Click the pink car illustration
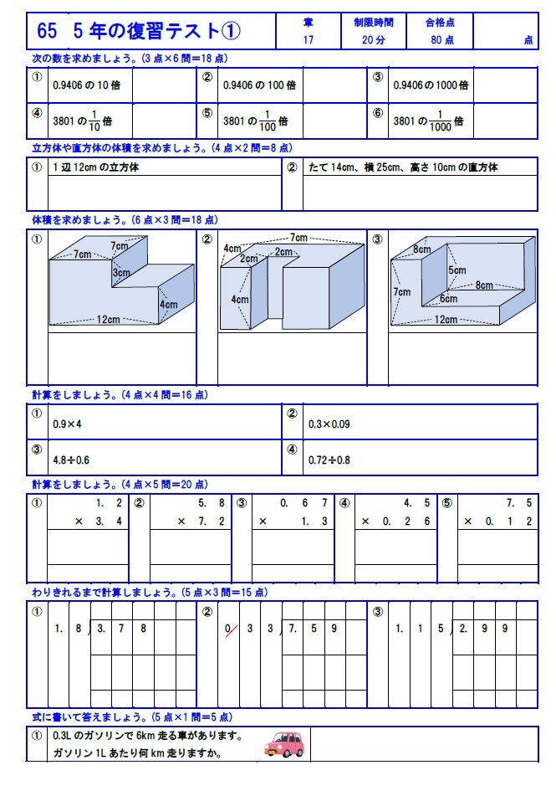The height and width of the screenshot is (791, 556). [x=284, y=744]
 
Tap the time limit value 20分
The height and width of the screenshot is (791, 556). [x=374, y=39]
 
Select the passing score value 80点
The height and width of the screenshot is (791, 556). [x=442, y=39]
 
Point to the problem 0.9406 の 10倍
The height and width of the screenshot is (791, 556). [x=81, y=85]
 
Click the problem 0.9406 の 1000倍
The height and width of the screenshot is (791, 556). [x=431, y=85]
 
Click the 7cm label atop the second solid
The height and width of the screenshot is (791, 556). [x=298, y=237]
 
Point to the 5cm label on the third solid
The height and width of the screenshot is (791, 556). [x=457, y=270]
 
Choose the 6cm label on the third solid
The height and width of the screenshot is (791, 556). [x=448, y=299]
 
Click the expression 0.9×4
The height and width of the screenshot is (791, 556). [x=67, y=424]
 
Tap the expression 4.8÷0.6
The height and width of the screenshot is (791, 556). [x=71, y=459]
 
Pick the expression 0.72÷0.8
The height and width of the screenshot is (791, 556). [x=329, y=459]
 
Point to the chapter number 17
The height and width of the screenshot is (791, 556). [x=309, y=39]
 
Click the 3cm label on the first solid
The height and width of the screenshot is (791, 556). [x=121, y=273]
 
